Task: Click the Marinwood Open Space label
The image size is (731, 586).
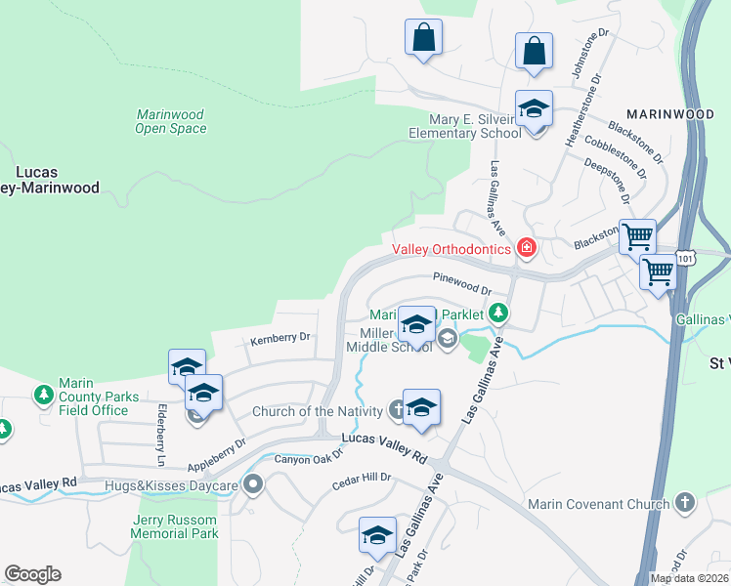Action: pos(171,121)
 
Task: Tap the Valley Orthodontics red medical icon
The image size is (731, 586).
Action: pos(527,248)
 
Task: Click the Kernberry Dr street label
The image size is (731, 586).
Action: pos(279,339)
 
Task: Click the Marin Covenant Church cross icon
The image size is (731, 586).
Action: pos(685,503)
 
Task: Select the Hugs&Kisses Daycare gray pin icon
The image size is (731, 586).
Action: pos(254,483)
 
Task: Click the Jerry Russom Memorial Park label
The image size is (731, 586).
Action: pos(175,526)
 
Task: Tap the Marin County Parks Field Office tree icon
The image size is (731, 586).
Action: pos(43,395)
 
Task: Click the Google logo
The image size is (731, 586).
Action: pos(32,574)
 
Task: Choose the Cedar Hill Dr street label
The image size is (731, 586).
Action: pos(361,479)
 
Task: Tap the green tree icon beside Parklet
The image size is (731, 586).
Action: pos(499,313)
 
